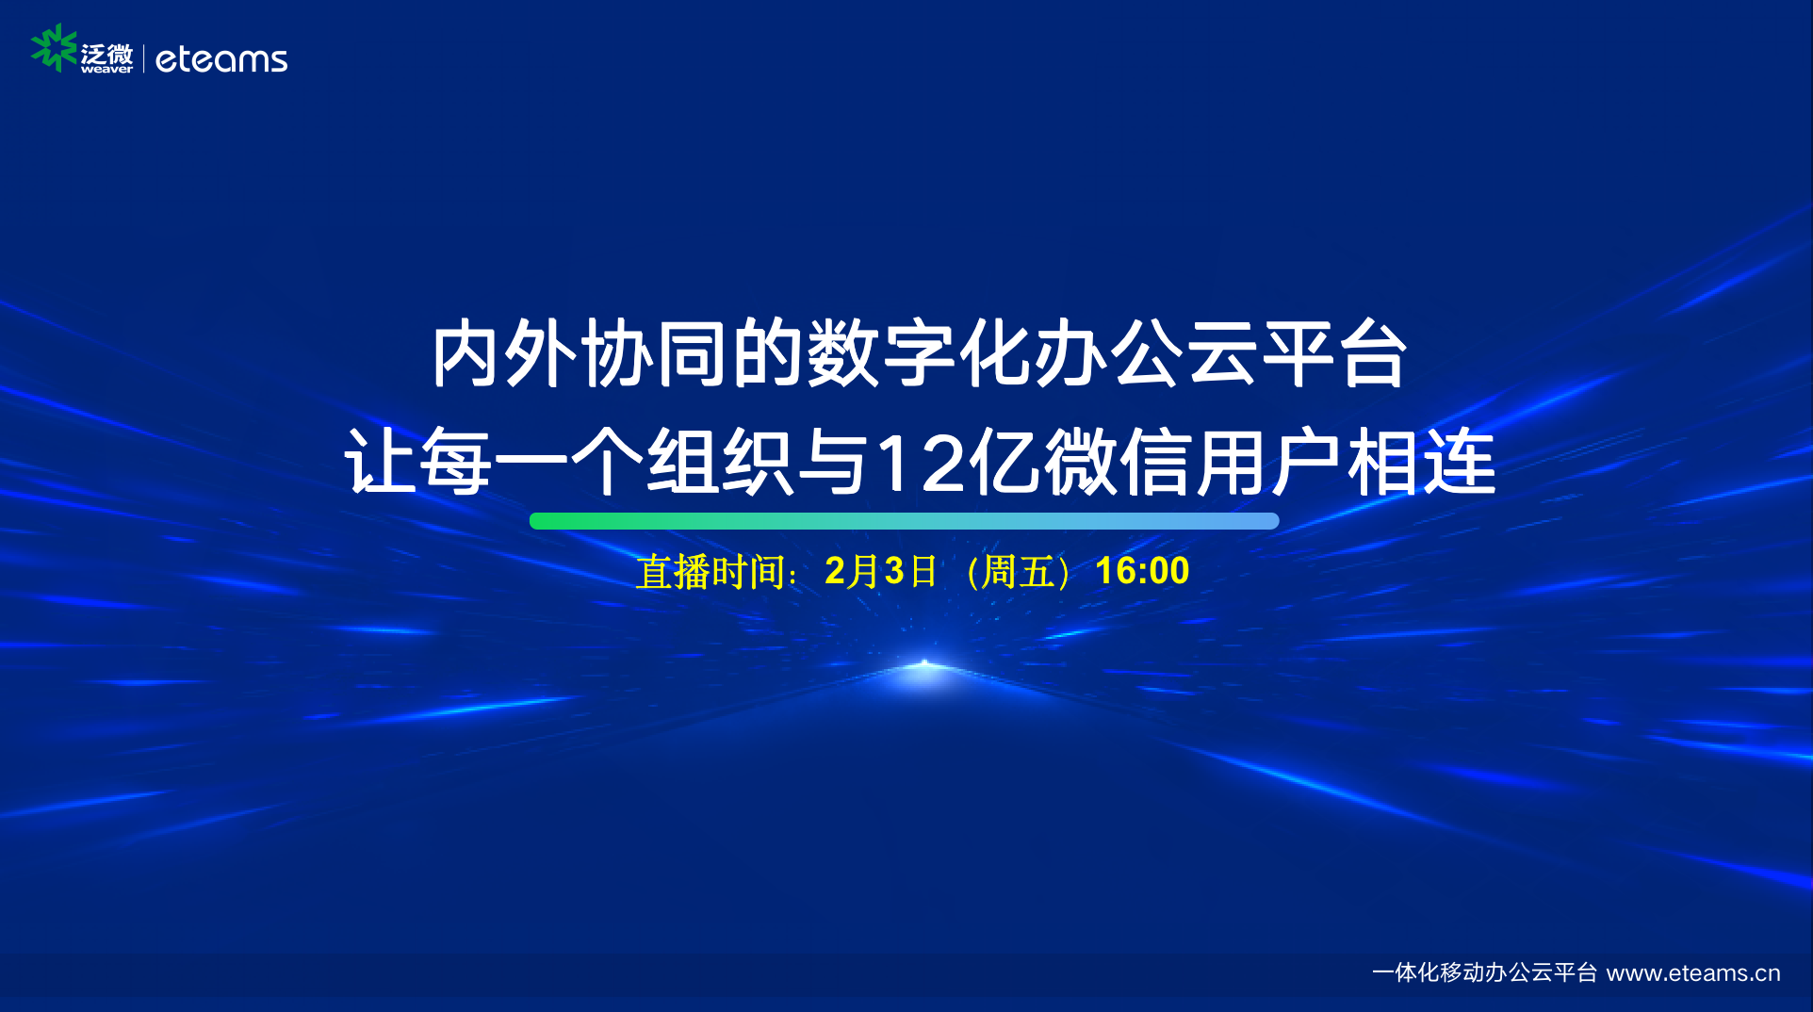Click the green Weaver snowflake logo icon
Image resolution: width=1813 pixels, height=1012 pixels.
(54, 48)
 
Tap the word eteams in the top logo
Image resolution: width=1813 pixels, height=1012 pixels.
(221, 59)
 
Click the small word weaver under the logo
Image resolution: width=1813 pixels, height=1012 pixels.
(106, 69)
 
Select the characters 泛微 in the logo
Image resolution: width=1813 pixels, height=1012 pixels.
(106, 53)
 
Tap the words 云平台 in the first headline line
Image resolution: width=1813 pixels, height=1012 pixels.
(1297, 353)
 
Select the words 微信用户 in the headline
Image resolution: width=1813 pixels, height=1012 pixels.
(1195, 462)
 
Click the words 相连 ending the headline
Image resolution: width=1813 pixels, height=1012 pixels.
(1422, 462)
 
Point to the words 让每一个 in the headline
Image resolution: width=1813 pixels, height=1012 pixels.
(495, 462)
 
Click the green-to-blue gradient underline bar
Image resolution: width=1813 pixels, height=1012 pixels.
(905, 521)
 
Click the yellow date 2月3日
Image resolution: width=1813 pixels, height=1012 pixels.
(881, 571)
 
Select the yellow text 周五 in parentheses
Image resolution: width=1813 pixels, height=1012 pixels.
(1018, 572)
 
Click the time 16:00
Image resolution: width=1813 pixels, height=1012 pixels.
(1142, 571)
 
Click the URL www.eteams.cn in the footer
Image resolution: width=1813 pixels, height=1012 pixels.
(1693, 972)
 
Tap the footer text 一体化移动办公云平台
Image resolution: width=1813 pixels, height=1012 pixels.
(1485, 972)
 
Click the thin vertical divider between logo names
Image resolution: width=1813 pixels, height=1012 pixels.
(143, 58)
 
